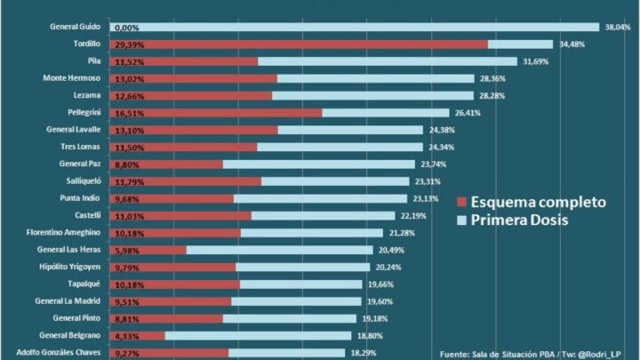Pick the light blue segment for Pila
click(x=387, y=61)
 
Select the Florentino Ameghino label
click(x=63, y=232)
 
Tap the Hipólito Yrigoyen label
click(x=74, y=267)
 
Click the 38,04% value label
click(x=617, y=27)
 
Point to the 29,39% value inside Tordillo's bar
click(x=129, y=44)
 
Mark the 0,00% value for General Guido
click(x=127, y=28)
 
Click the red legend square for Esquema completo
click(x=461, y=202)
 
